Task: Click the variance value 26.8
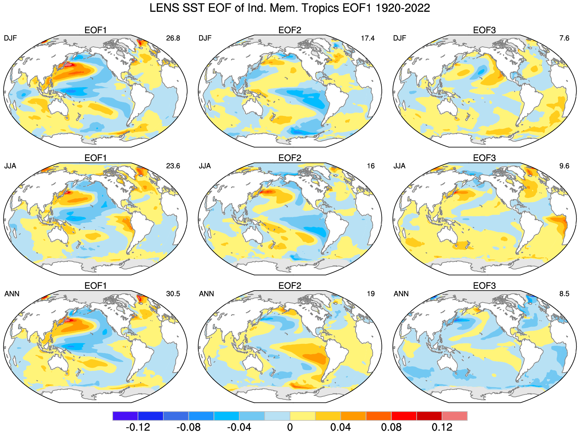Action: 173,38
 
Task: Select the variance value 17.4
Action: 368,38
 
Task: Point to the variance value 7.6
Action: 564,38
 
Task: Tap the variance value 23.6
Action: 173,166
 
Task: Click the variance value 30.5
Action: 173,294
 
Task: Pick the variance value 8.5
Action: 564,294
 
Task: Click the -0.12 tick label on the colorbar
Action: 138,427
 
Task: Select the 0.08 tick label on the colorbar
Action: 391,427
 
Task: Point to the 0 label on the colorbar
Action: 290,427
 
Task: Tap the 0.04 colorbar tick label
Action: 340,427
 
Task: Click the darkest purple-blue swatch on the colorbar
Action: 125,416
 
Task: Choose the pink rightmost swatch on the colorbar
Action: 455,416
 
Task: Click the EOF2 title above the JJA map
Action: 290,158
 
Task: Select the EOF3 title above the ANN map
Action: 484,286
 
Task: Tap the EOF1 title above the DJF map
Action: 95,30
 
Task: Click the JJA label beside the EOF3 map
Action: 400,166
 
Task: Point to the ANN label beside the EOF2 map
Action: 206,294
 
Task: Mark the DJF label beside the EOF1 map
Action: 10,38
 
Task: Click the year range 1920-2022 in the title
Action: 403,8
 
